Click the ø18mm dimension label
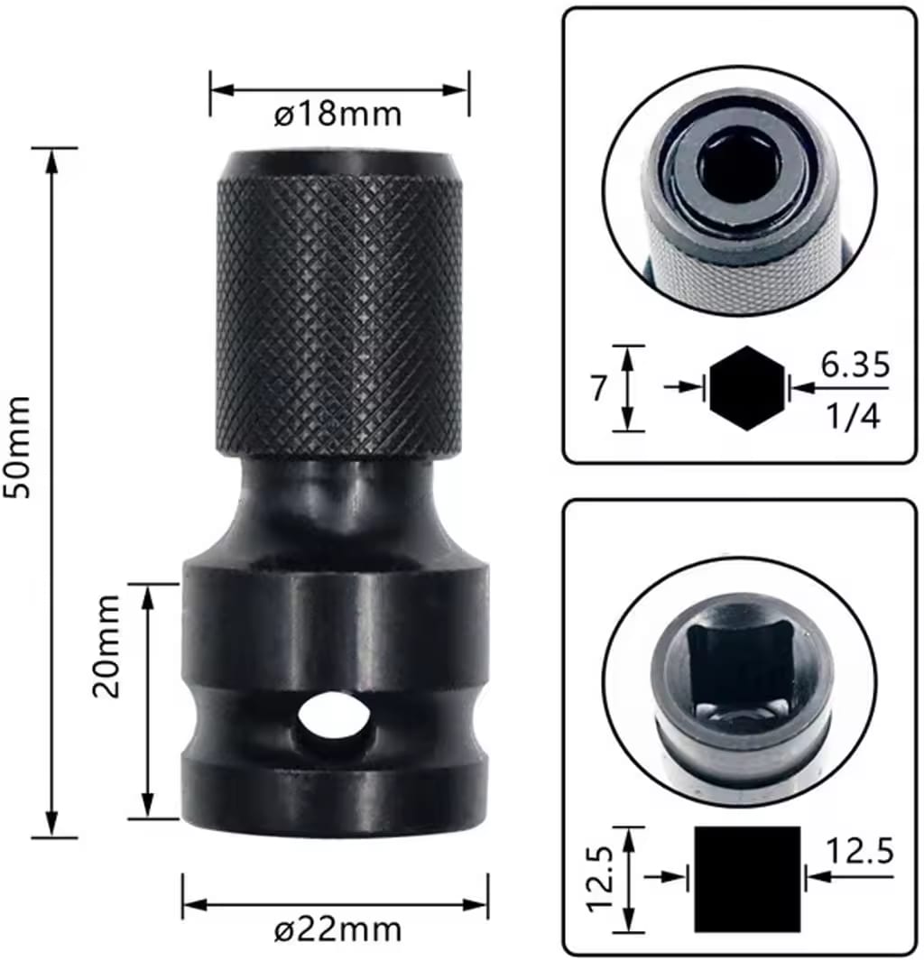tap(339, 116)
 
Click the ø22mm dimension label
tap(338, 929)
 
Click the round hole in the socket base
tap(334, 717)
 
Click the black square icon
tap(747, 879)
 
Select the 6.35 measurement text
tap(855, 365)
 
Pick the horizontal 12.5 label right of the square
tap(862, 850)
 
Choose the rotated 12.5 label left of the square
tap(602, 879)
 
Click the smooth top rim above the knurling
tap(339, 163)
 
